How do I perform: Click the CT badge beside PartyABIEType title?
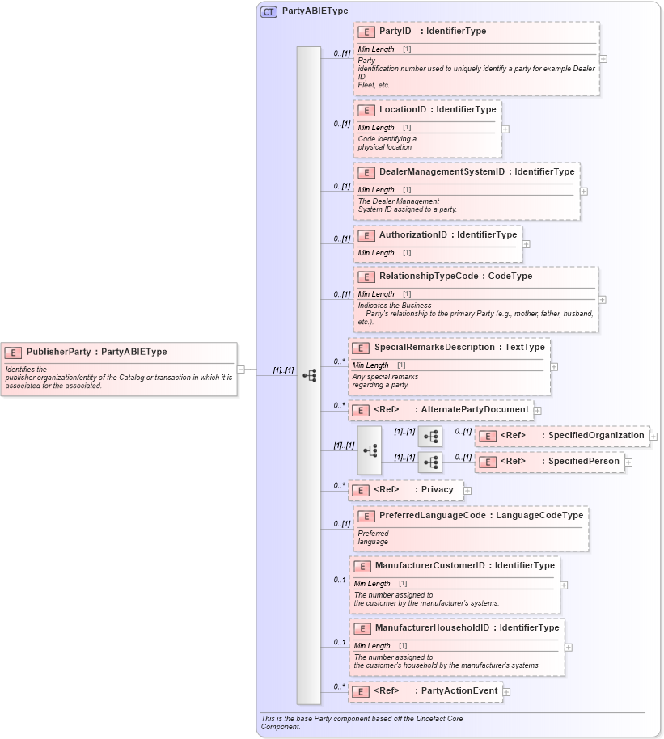click(269, 12)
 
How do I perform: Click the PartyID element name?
click(395, 32)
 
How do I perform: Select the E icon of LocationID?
click(366, 109)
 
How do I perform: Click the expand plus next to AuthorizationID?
click(527, 243)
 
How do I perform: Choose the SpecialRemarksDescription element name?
click(434, 347)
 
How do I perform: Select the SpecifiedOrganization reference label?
click(596, 436)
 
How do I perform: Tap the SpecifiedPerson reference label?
click(584, 462)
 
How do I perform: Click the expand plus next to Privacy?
click(467, 490)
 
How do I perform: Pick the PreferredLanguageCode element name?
click(433, 515)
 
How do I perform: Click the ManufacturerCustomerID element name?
click(429, 565)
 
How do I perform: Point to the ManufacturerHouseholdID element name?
click(432, 627)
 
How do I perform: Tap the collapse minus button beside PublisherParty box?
click(241, 369)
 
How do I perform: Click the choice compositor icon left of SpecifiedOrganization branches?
click(369, 450)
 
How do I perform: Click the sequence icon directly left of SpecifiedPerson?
click(430, 462)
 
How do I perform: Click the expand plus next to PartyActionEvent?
click(506, 691)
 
